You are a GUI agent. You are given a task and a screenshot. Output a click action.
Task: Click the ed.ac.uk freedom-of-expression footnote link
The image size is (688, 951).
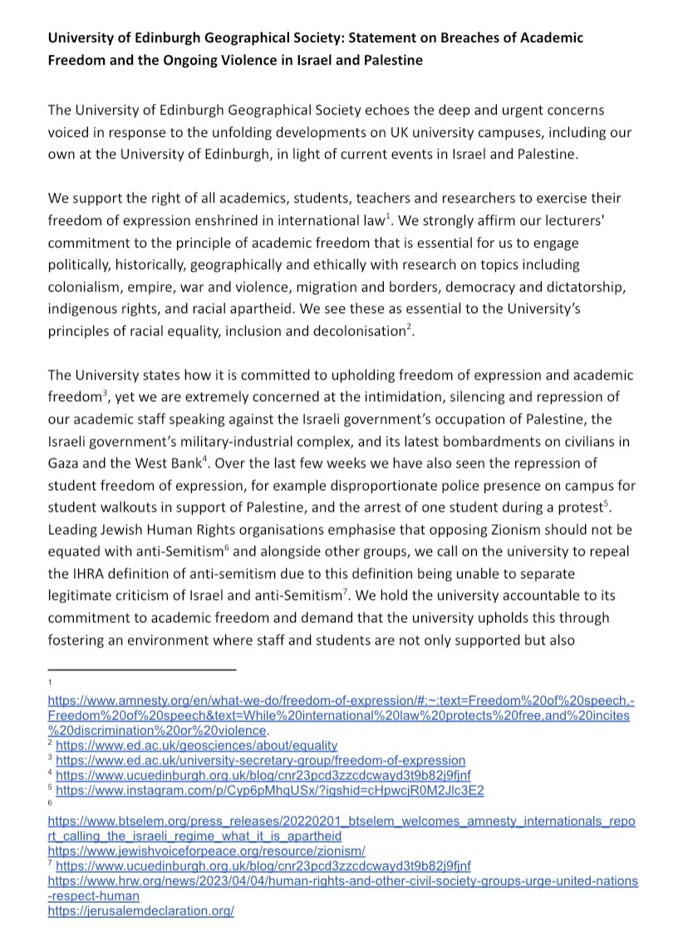pos(261,761)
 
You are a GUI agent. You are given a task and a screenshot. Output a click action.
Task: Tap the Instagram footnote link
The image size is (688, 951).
pos(270,789)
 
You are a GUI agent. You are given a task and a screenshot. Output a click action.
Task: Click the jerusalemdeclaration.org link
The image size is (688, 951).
pos(141,910)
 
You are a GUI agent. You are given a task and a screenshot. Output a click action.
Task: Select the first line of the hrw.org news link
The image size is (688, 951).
pos(342,880)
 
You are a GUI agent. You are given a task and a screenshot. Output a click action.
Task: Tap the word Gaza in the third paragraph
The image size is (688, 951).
pos(66,462)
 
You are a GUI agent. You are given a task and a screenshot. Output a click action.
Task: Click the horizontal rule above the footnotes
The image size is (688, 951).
pos(142,669)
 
